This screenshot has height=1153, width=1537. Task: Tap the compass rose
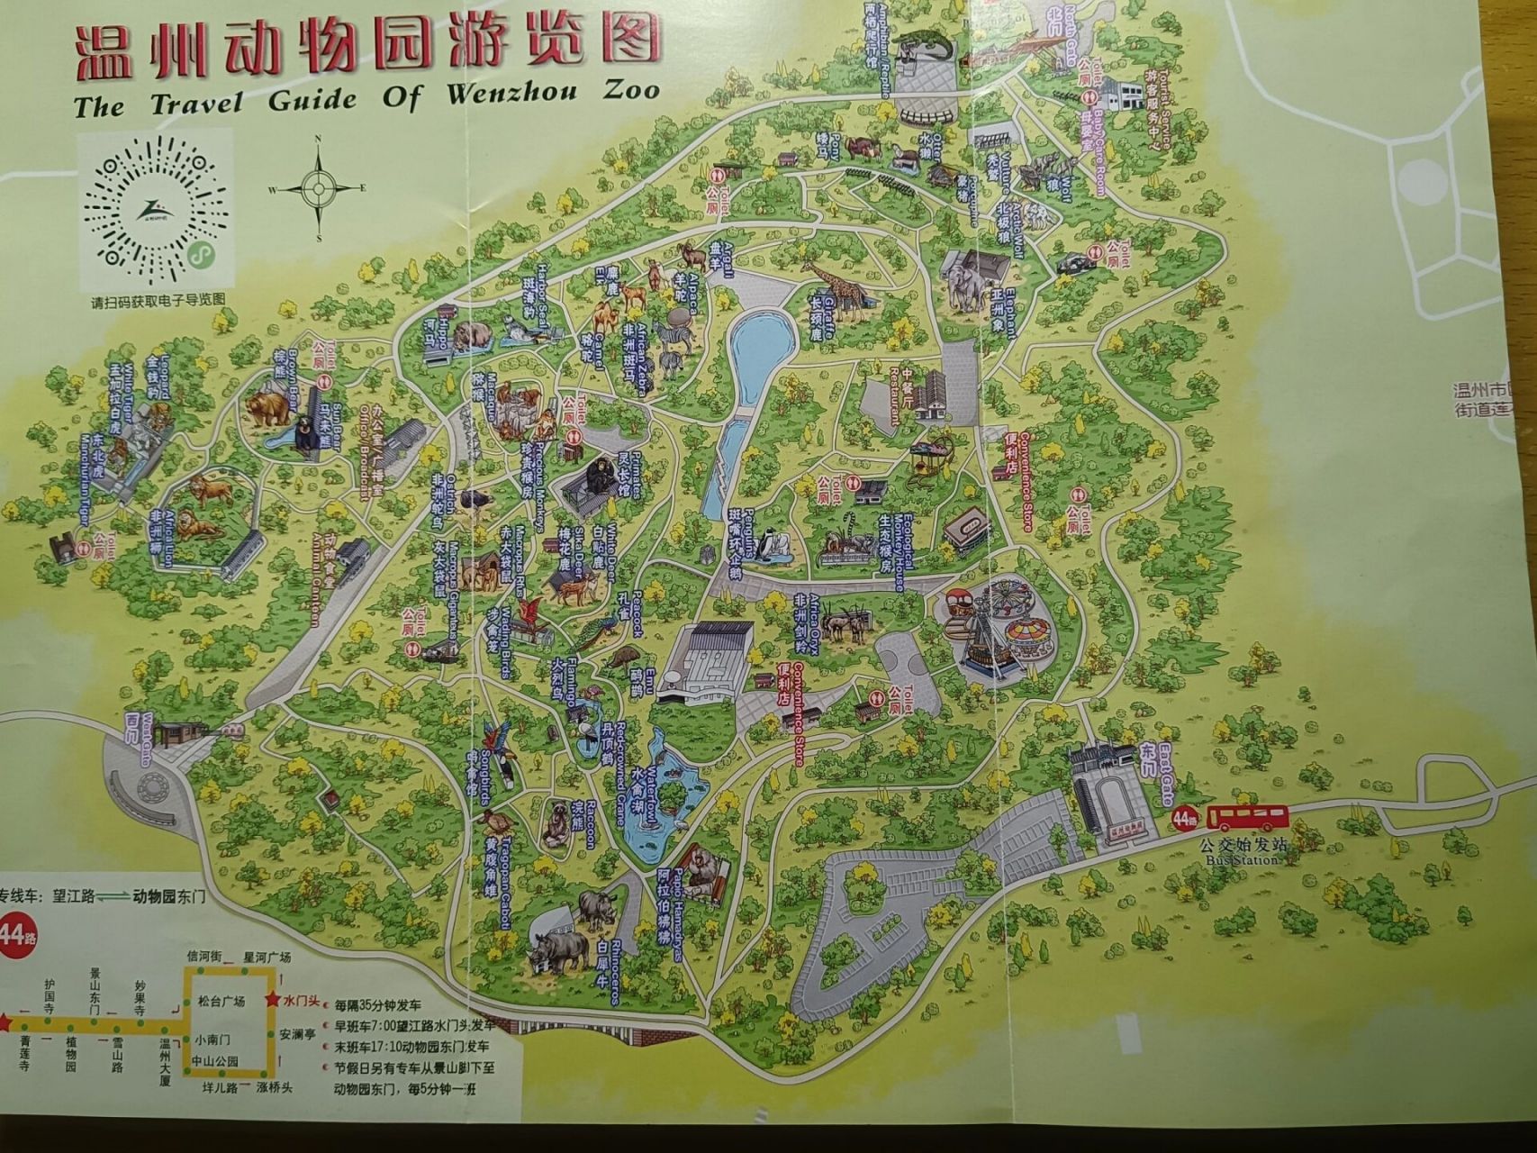[318, 188]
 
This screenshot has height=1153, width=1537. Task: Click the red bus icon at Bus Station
[1247, 818]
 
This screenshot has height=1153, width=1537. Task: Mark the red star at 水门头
[270, 1000]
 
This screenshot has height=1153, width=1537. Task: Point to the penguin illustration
[771, 545]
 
